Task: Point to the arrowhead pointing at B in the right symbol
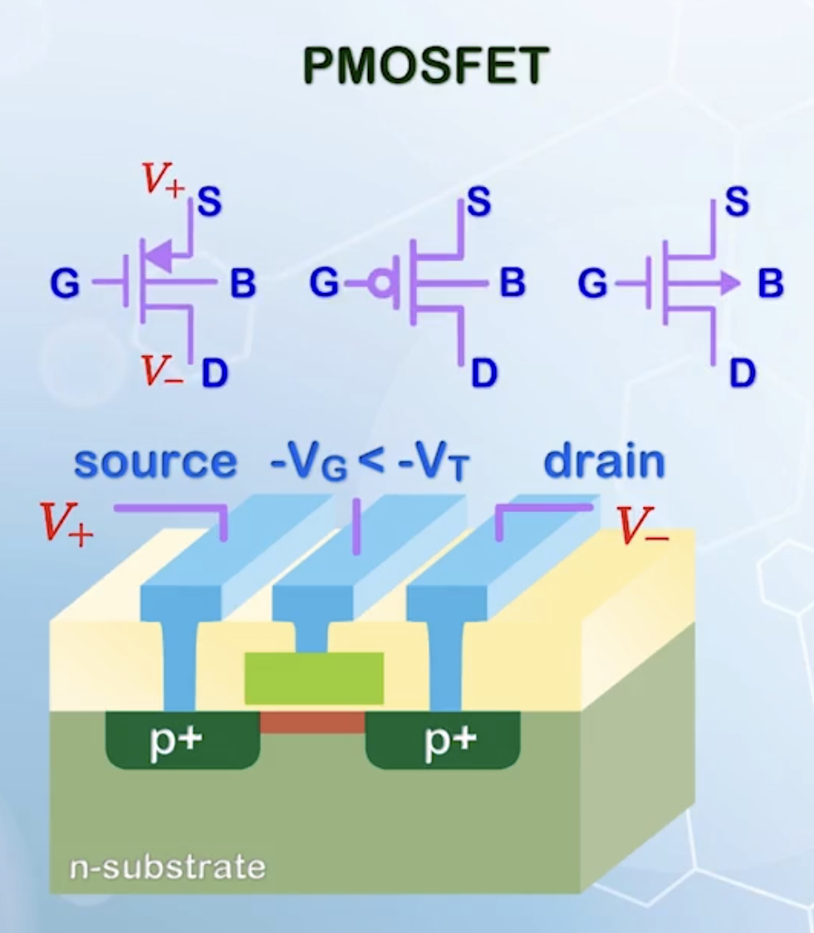728,284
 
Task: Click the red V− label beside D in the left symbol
161,372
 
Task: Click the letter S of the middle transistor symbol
478,202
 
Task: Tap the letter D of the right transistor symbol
743,374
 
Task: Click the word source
155,462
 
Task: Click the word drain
604,462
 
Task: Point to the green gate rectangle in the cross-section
314,677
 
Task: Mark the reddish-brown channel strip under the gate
312,722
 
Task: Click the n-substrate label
167,867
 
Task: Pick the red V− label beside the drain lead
642,525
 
